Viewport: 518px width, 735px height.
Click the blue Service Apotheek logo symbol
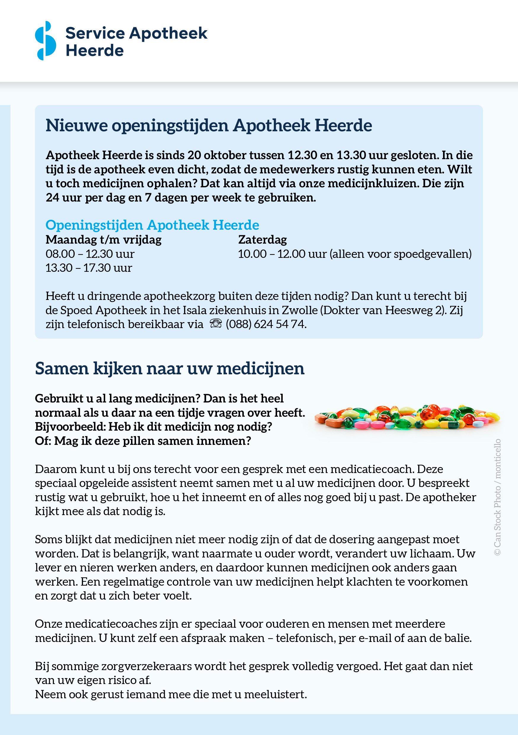45,41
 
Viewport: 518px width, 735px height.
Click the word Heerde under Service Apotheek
95,51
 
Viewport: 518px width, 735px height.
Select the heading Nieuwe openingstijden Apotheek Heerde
209,125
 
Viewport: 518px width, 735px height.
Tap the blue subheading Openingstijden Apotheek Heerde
152,225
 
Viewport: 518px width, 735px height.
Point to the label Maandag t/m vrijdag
103,239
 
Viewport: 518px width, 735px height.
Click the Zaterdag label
263,239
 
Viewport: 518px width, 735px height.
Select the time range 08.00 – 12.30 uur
90,254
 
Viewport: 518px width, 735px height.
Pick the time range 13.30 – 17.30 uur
89,268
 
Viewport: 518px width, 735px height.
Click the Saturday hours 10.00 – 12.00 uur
282,254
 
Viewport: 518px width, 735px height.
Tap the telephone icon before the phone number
215,324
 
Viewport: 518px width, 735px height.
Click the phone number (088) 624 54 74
266,324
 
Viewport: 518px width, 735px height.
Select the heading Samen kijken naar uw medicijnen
170,368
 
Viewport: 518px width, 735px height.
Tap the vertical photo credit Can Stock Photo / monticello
497,497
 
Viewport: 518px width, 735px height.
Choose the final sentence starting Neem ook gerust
171,694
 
